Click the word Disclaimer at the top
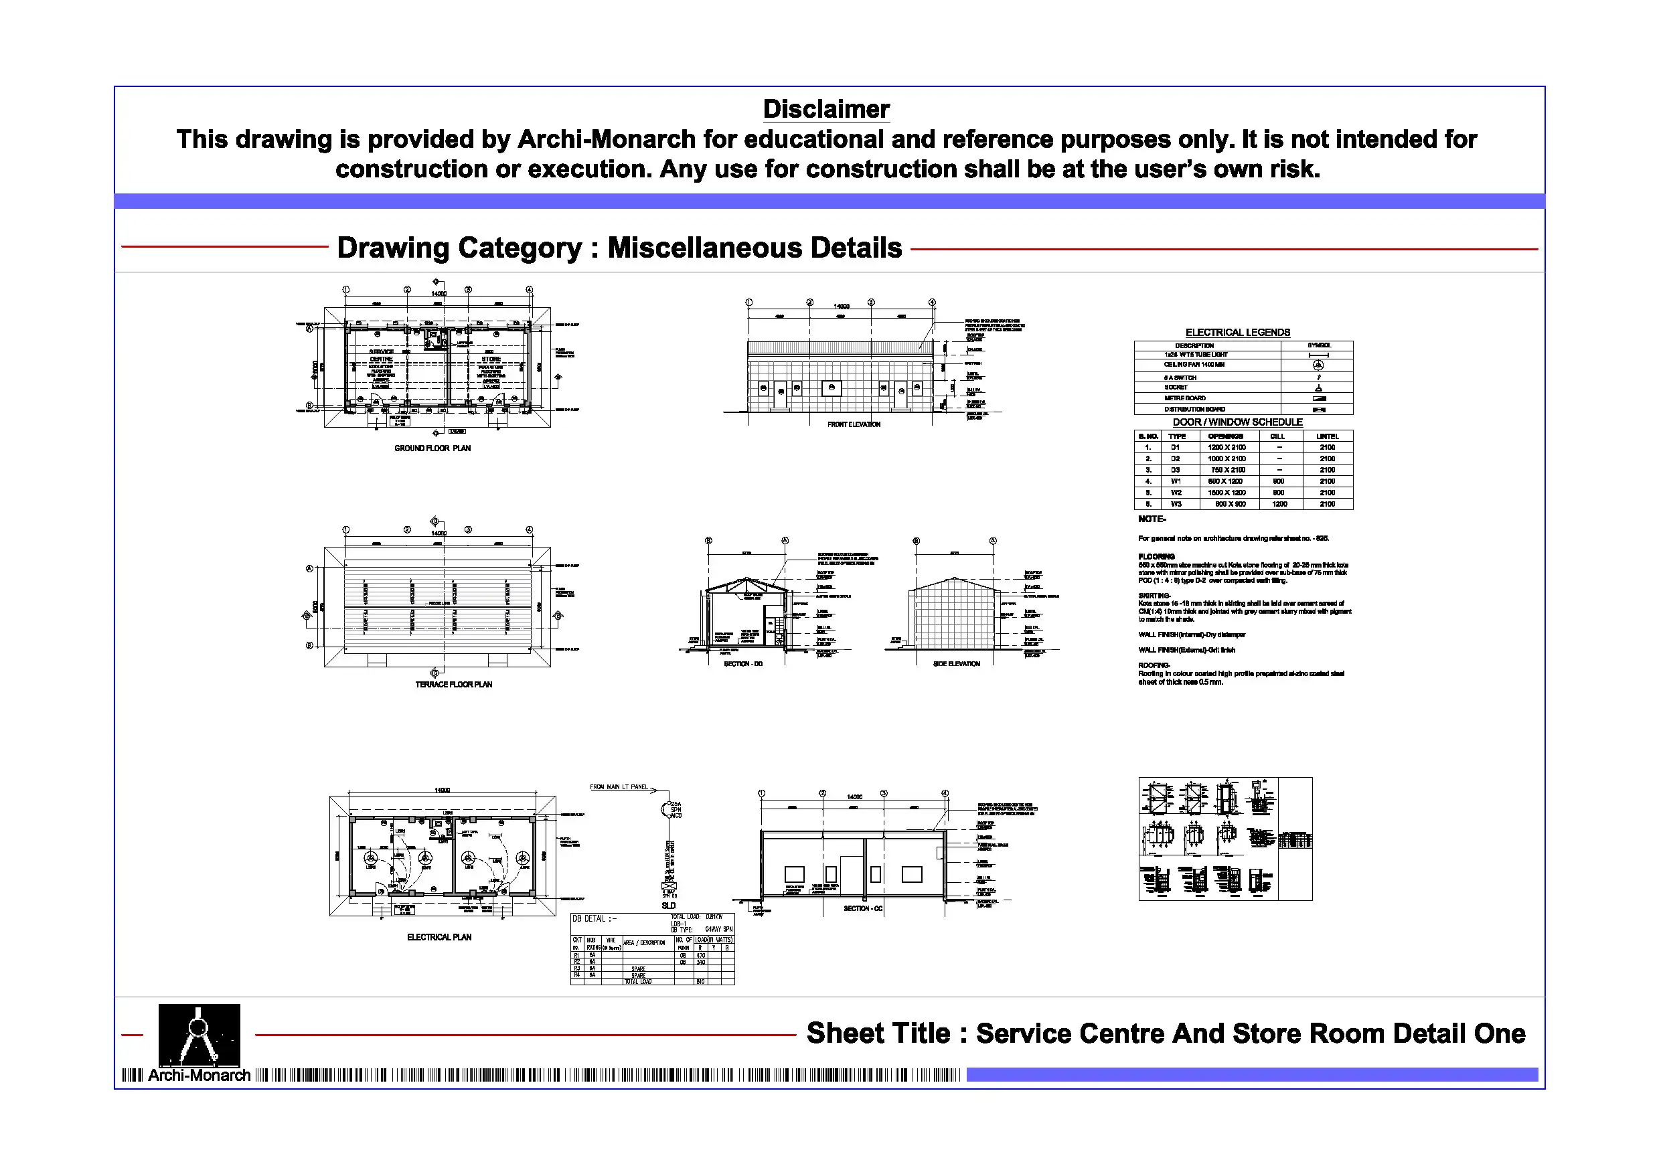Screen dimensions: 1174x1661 (826, 109)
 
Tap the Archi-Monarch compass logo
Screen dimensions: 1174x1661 (199, 1034)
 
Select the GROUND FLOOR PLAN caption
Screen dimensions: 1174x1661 (432, 448)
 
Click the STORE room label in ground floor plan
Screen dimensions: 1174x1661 (491, 359)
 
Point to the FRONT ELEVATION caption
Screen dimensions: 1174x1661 (854, 424)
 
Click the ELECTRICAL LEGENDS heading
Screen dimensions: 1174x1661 (1237, 332)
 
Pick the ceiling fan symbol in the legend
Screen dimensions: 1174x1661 (1318, 365)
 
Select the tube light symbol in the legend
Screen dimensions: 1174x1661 (1318, 355)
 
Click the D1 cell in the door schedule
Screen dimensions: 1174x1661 (1176, 448)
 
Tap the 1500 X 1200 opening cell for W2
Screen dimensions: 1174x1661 (1227, 493)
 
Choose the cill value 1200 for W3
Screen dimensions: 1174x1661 (1279, 504)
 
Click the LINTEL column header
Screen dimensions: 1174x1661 (1327, 436)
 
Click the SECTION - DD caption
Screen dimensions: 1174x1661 (743, 664)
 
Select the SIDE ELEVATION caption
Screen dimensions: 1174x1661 (957, 664)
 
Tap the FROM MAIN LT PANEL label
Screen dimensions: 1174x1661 (619, 787)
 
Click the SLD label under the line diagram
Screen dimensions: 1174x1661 (668, 906)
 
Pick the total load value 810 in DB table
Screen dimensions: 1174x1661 (700, 982)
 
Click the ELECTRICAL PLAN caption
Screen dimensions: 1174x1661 (439, 938)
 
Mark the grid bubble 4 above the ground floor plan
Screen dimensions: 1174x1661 (530, 289)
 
